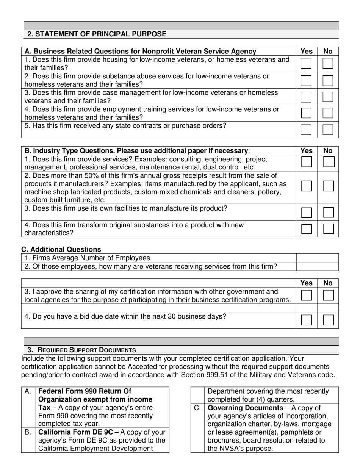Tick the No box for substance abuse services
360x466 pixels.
pyautogui.click(x=328, y=80)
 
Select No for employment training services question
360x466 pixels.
pyautogui.click(x=328, y=113)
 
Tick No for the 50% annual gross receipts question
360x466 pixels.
pyautogui.click(x=328, y=186)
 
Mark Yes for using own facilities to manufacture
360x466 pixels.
pyautogui.click(x=306, y=213)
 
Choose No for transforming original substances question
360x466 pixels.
pyautogui.click(x=328, y=229)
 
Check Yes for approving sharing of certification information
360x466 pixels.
pyautogui.click(x=306, y=295)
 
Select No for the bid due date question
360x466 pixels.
pyautogui.click(x=328, y=320)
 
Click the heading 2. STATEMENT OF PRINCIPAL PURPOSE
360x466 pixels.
pyautogui.click(x=97, y=34)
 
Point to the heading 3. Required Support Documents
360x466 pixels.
pyautogui.click(x=81, y=350)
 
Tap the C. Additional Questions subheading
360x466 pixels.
pyautogui.click(x=61, y=249)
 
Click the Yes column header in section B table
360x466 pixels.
pyautogui.click(x=306, y=150)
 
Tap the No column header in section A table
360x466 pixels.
pyautogui.click(x=328, y=51)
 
